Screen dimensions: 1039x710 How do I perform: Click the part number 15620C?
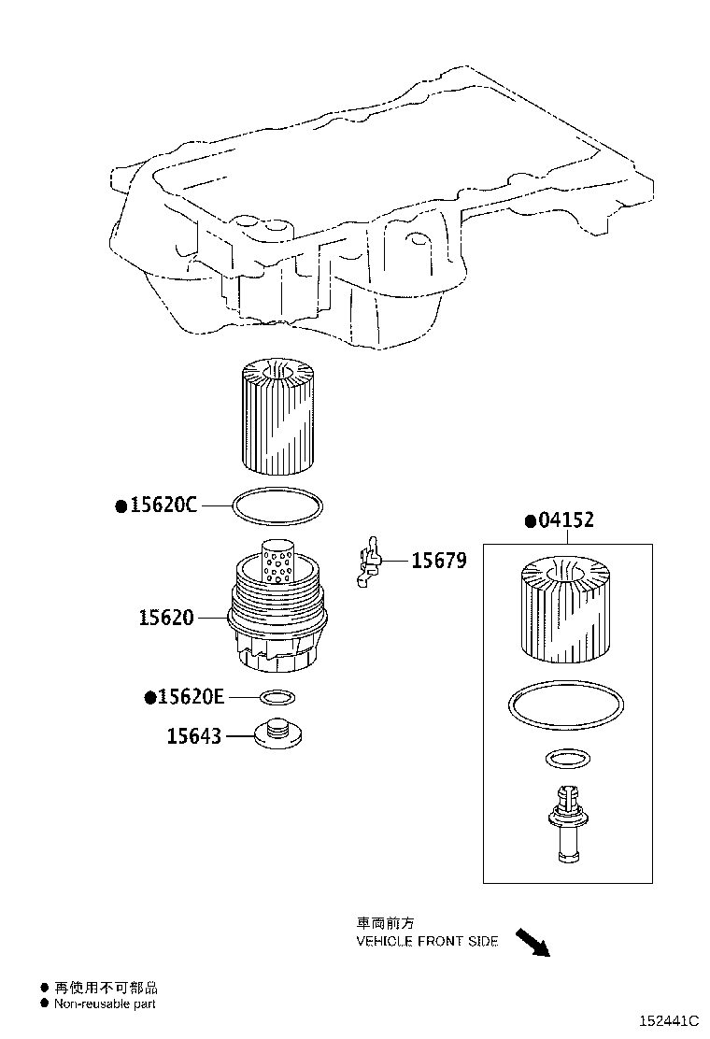coord(163,505)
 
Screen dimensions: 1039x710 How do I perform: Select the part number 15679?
coord(439,561)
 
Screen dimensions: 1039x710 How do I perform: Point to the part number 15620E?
coord(191,697)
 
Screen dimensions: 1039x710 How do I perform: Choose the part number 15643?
coord(194,736)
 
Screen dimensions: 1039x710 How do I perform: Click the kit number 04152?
coord(565,520)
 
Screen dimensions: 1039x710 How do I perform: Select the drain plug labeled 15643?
coord(277,733)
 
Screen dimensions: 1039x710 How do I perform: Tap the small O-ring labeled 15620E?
coord(277,697)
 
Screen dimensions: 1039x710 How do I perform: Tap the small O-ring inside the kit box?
coord(565,758)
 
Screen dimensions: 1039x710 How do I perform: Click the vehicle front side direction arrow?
coord(532,941)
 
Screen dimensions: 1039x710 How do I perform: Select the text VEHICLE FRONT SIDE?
coord(428,942)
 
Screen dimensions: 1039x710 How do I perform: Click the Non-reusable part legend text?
coord(105,1004)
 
